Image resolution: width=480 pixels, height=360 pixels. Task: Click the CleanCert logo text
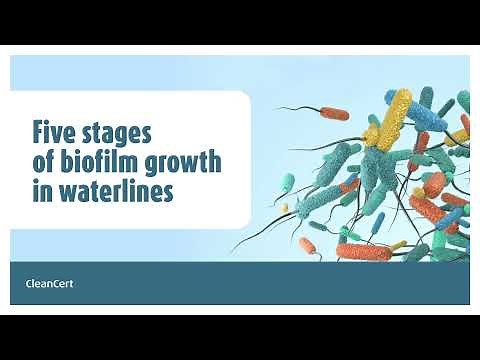pyautogui.click(x=49, y=283)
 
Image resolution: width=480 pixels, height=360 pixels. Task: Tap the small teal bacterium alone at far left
pyautogui.click(x=288, y=184)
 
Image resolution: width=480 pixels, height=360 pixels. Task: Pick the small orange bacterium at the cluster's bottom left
pyautogui.click(x=306, y=244)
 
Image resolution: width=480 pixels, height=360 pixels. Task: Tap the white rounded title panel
pyautogui.click(x=130, y=160)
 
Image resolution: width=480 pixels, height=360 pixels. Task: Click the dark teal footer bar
pyautogui.click(x=240, y=283)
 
